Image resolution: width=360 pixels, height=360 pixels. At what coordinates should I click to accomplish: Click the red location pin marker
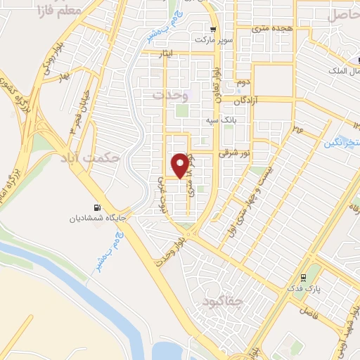click(x=181, y=165)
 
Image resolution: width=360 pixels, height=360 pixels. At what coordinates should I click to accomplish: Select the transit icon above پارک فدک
click(x=303, y=276)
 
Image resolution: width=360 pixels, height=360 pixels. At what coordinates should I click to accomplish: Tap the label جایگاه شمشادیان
click(x=97, y=219)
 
